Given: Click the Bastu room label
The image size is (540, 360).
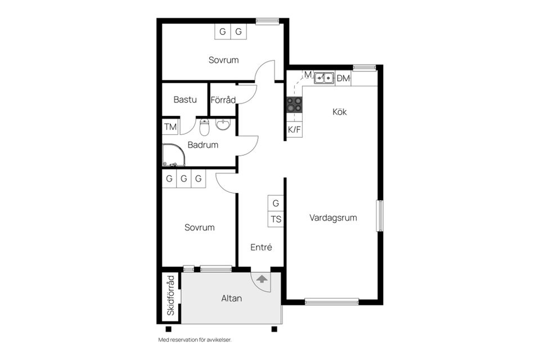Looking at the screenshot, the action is pos(185,100).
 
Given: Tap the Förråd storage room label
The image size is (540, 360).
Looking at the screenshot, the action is pos(223,100).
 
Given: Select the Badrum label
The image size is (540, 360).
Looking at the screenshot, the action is pos(203,145).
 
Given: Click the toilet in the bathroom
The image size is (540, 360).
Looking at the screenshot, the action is pos(204,127).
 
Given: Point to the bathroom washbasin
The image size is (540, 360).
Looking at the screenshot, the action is pos(223,124).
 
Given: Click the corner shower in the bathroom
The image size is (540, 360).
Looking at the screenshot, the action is pos(174,155).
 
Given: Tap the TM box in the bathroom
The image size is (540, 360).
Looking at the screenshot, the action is pos(170,127).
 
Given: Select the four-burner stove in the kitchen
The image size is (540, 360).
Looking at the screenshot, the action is pos(294,105).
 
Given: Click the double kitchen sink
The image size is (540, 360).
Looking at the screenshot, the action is pos(324,78).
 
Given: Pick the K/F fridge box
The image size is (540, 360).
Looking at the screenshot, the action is pos(294,129).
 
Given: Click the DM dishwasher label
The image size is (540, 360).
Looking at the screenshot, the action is pos(343,79).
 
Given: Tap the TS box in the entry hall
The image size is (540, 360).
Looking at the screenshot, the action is pos(276,219).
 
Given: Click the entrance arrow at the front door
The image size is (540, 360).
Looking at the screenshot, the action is pos(262,278).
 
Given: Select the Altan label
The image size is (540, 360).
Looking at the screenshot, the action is pos(231,298).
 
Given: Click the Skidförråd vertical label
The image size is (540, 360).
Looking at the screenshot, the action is pos(171,295).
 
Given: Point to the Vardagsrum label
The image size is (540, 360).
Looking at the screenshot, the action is pos(333,218).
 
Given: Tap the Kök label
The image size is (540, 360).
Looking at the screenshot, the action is pos(340,111).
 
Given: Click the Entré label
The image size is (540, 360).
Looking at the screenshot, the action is pos(261,247).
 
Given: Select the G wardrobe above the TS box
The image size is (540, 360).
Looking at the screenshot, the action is pos(276,203).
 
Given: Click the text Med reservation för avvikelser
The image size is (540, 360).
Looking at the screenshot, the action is pos(195,340).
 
